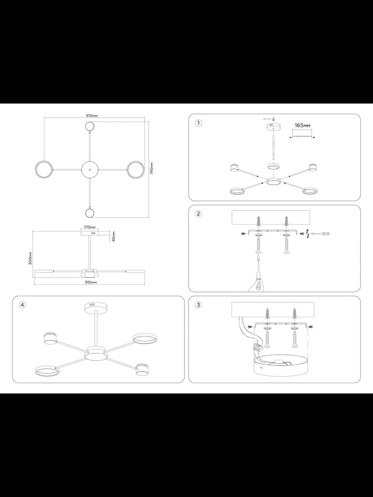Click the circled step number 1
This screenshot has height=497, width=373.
point(199,123)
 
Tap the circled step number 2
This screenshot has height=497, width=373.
point(199,214)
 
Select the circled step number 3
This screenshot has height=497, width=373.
point(199,305)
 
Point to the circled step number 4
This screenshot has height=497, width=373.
point(22,305)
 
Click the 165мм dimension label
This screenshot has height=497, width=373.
point(303,125)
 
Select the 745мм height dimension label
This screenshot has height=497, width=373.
point(152,168)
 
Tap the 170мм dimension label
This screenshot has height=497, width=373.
point(90,227)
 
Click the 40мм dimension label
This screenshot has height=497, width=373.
point(114,236)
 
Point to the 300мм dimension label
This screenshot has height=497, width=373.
point(30,258)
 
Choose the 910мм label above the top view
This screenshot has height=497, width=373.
point(92,116)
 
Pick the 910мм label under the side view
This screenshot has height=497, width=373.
point(91,282)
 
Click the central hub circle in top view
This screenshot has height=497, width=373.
point(90,169)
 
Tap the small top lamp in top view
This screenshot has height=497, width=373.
point(90,126)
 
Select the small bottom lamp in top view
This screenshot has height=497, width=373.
point(90,213)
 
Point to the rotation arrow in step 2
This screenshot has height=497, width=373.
point(308,233)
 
